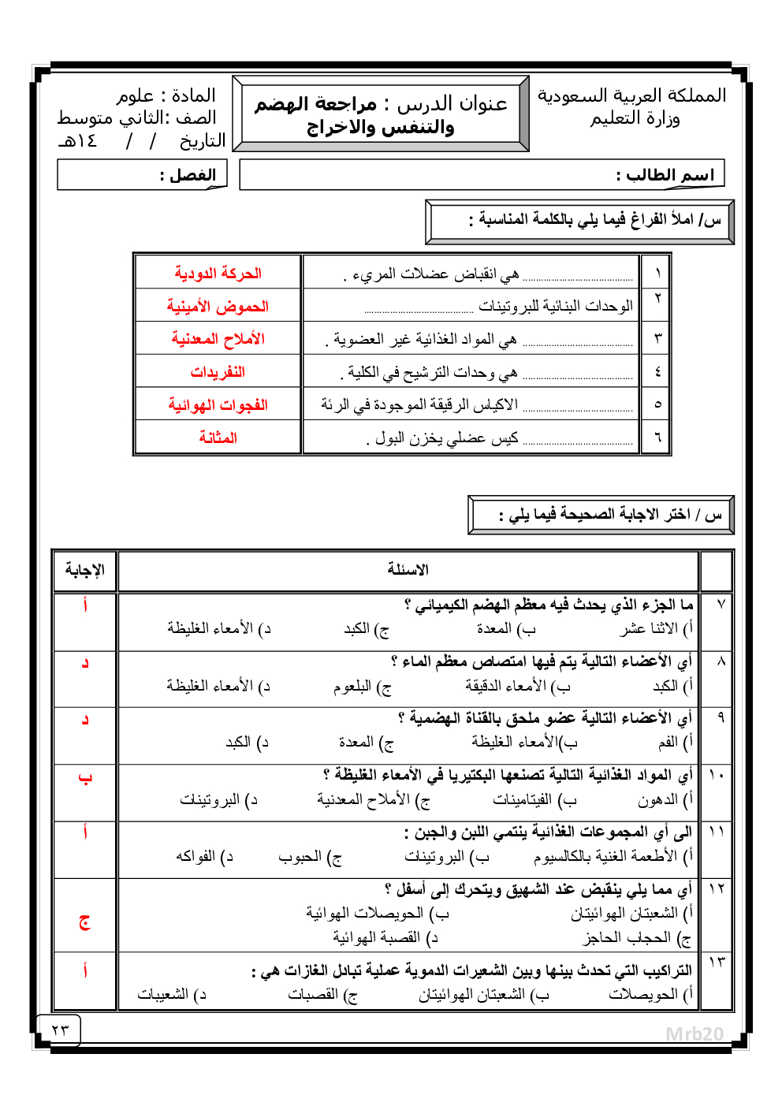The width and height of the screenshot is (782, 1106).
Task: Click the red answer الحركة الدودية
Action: click(218, 274)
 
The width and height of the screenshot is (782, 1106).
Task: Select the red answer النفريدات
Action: click(218, 372)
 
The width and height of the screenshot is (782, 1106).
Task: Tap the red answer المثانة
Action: click(218, 438)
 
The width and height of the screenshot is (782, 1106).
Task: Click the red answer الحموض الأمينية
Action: click(218, 307)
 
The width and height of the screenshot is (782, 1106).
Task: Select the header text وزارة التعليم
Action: click(635, 119)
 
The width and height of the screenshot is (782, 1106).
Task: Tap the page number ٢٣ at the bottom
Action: click(60, 1030)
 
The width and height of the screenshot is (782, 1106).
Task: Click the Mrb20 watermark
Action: click(694, 1034)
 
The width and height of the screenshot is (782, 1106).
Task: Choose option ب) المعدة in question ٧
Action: click(506, 629)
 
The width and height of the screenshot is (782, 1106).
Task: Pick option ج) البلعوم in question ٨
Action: click(362, 687)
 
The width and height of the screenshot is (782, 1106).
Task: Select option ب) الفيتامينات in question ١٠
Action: click(534, 800)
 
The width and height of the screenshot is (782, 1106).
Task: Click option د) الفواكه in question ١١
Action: click(205, 857)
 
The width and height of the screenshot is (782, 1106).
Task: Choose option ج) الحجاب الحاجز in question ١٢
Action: click(637, 938)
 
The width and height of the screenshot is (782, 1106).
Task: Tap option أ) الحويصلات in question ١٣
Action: click(651, 995)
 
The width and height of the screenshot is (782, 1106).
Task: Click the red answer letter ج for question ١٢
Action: click(85, 922)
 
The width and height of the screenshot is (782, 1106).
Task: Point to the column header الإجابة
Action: click(85, 570)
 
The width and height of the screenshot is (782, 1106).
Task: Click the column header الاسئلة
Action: click(408, 570)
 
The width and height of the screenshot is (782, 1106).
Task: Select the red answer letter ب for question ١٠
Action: click(85, 779)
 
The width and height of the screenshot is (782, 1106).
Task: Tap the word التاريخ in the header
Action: click(203, 141)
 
